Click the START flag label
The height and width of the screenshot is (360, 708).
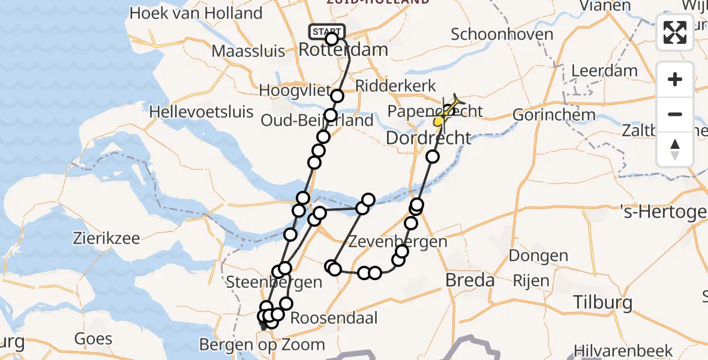click(x=327, y=31)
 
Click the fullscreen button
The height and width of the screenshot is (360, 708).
click(x=675, y=32)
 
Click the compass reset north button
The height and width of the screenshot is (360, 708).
click(x=675, y=149)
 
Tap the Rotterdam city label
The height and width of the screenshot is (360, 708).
click(x=343, y=50)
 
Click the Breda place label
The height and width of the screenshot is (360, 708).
click(x=470, y=280)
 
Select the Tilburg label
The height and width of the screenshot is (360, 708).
click(x=602, y=302)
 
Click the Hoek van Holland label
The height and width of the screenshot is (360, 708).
click(x=196, y=13)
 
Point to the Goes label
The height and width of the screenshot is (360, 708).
click(x=94, y=338)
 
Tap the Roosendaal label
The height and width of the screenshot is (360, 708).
click(x=334, y=318)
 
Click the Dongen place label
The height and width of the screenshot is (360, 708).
click(x=538, y=256)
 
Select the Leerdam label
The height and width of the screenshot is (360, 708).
click(x=604, y=71)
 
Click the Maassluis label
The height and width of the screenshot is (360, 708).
click(x=248, y=51)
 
